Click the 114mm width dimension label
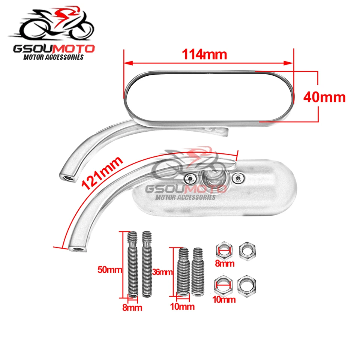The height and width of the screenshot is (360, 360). coord(205,55)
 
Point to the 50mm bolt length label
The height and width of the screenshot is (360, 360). coord(109,270)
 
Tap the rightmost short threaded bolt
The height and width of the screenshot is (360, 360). coord(197,271)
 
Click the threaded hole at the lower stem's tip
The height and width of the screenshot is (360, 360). coord(77,248)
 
